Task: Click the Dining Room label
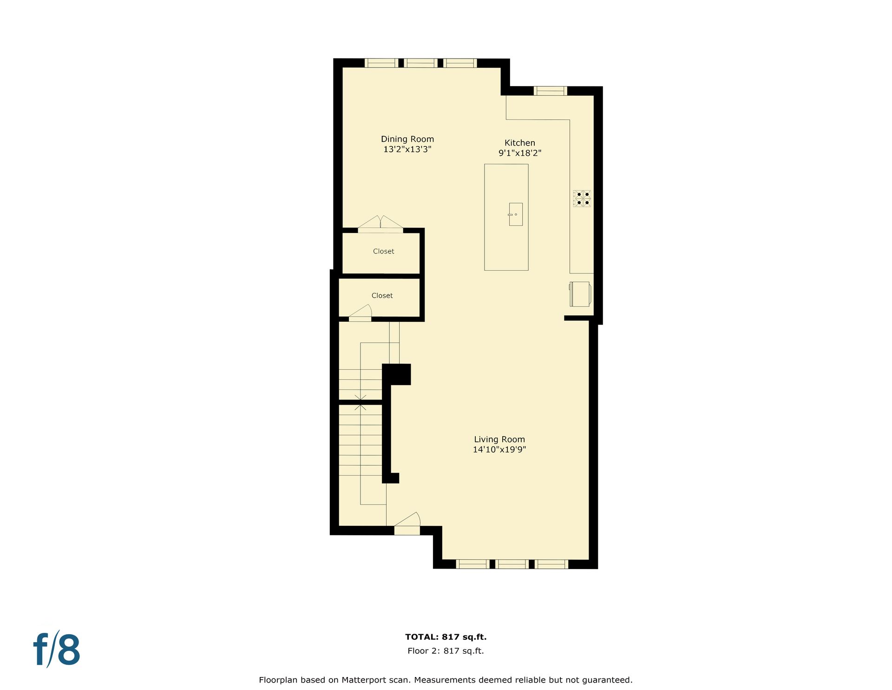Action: [x=407, y=139]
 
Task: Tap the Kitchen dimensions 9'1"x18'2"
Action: [x=520, y=153]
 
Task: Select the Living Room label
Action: [x=499, y=439]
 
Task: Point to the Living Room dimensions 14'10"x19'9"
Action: [x=499, y=450]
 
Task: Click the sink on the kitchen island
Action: [x=515, y=214]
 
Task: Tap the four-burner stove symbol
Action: [x=582, y=199]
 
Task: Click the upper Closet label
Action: [x=383, y=252]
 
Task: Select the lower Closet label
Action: [x=382, y=296]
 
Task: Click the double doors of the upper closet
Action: [x=380, y=224]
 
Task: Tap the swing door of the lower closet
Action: [x=361, y=313]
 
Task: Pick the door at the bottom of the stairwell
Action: [x=407, y=524]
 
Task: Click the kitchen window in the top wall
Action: [x=551, y=91]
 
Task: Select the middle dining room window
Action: [x=420, y=63]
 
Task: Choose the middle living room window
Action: [x=512, y=564]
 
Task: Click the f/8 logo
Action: [x=57, y=649]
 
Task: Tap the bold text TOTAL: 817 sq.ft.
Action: [x=446, y=637]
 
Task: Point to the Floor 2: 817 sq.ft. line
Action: [x=446, y=651]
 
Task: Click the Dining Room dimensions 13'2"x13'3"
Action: [x=407, y=149]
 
